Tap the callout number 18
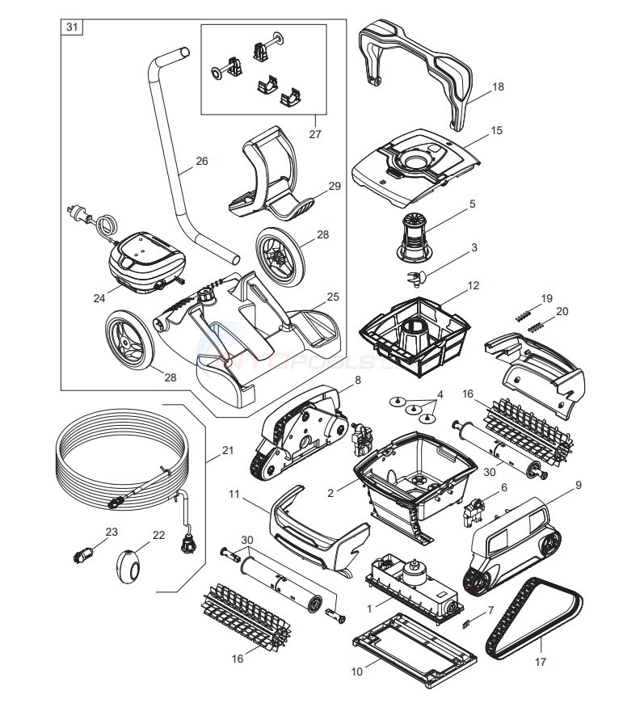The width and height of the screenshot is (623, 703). (x=497, y=86)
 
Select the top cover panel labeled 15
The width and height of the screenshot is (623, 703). (x=412, y=165)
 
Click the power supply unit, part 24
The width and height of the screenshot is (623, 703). (x=145, y=259)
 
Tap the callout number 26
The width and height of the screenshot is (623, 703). (x=201, y=161)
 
